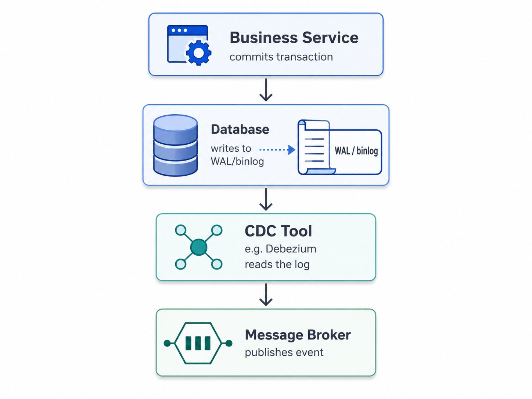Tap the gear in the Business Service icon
(198, 53)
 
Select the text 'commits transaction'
(281, 57)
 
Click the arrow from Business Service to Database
(266, 90)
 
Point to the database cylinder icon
(176, 145)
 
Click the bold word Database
(240, 129)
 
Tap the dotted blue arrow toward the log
(277, 150)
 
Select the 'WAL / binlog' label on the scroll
(356, 151)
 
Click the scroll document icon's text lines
(314, 150)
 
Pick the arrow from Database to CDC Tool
(266, 199)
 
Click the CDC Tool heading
(278, 231)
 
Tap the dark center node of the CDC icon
(199, 247)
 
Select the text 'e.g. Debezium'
(280, 249)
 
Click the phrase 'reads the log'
(277, 264)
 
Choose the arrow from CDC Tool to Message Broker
(266, 295)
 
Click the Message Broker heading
(298, 335)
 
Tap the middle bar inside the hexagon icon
(198, 343)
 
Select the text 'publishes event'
(284, 352)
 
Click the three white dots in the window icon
(179, 30)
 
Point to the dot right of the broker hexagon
(229, 343)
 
